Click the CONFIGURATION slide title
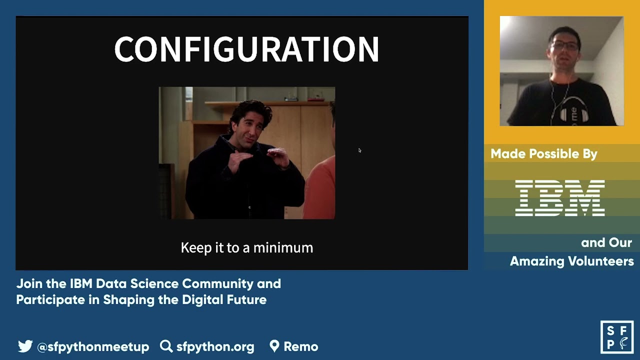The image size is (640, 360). (246, 49)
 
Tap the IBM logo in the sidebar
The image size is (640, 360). (560, 198)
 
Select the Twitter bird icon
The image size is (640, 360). (25, 346)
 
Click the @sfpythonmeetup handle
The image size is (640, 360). (93, 346)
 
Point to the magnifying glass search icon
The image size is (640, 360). (166, 346)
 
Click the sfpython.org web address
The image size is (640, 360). (215, 346)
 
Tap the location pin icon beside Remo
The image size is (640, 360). (274, 346)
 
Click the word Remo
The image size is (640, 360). (300, 346)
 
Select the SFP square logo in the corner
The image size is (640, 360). (617, 337)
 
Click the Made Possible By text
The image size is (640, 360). (544, 154)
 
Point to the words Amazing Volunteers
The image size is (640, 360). (571, 261)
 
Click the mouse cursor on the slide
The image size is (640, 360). (359, 150)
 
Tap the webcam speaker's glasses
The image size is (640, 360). (565, 45)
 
